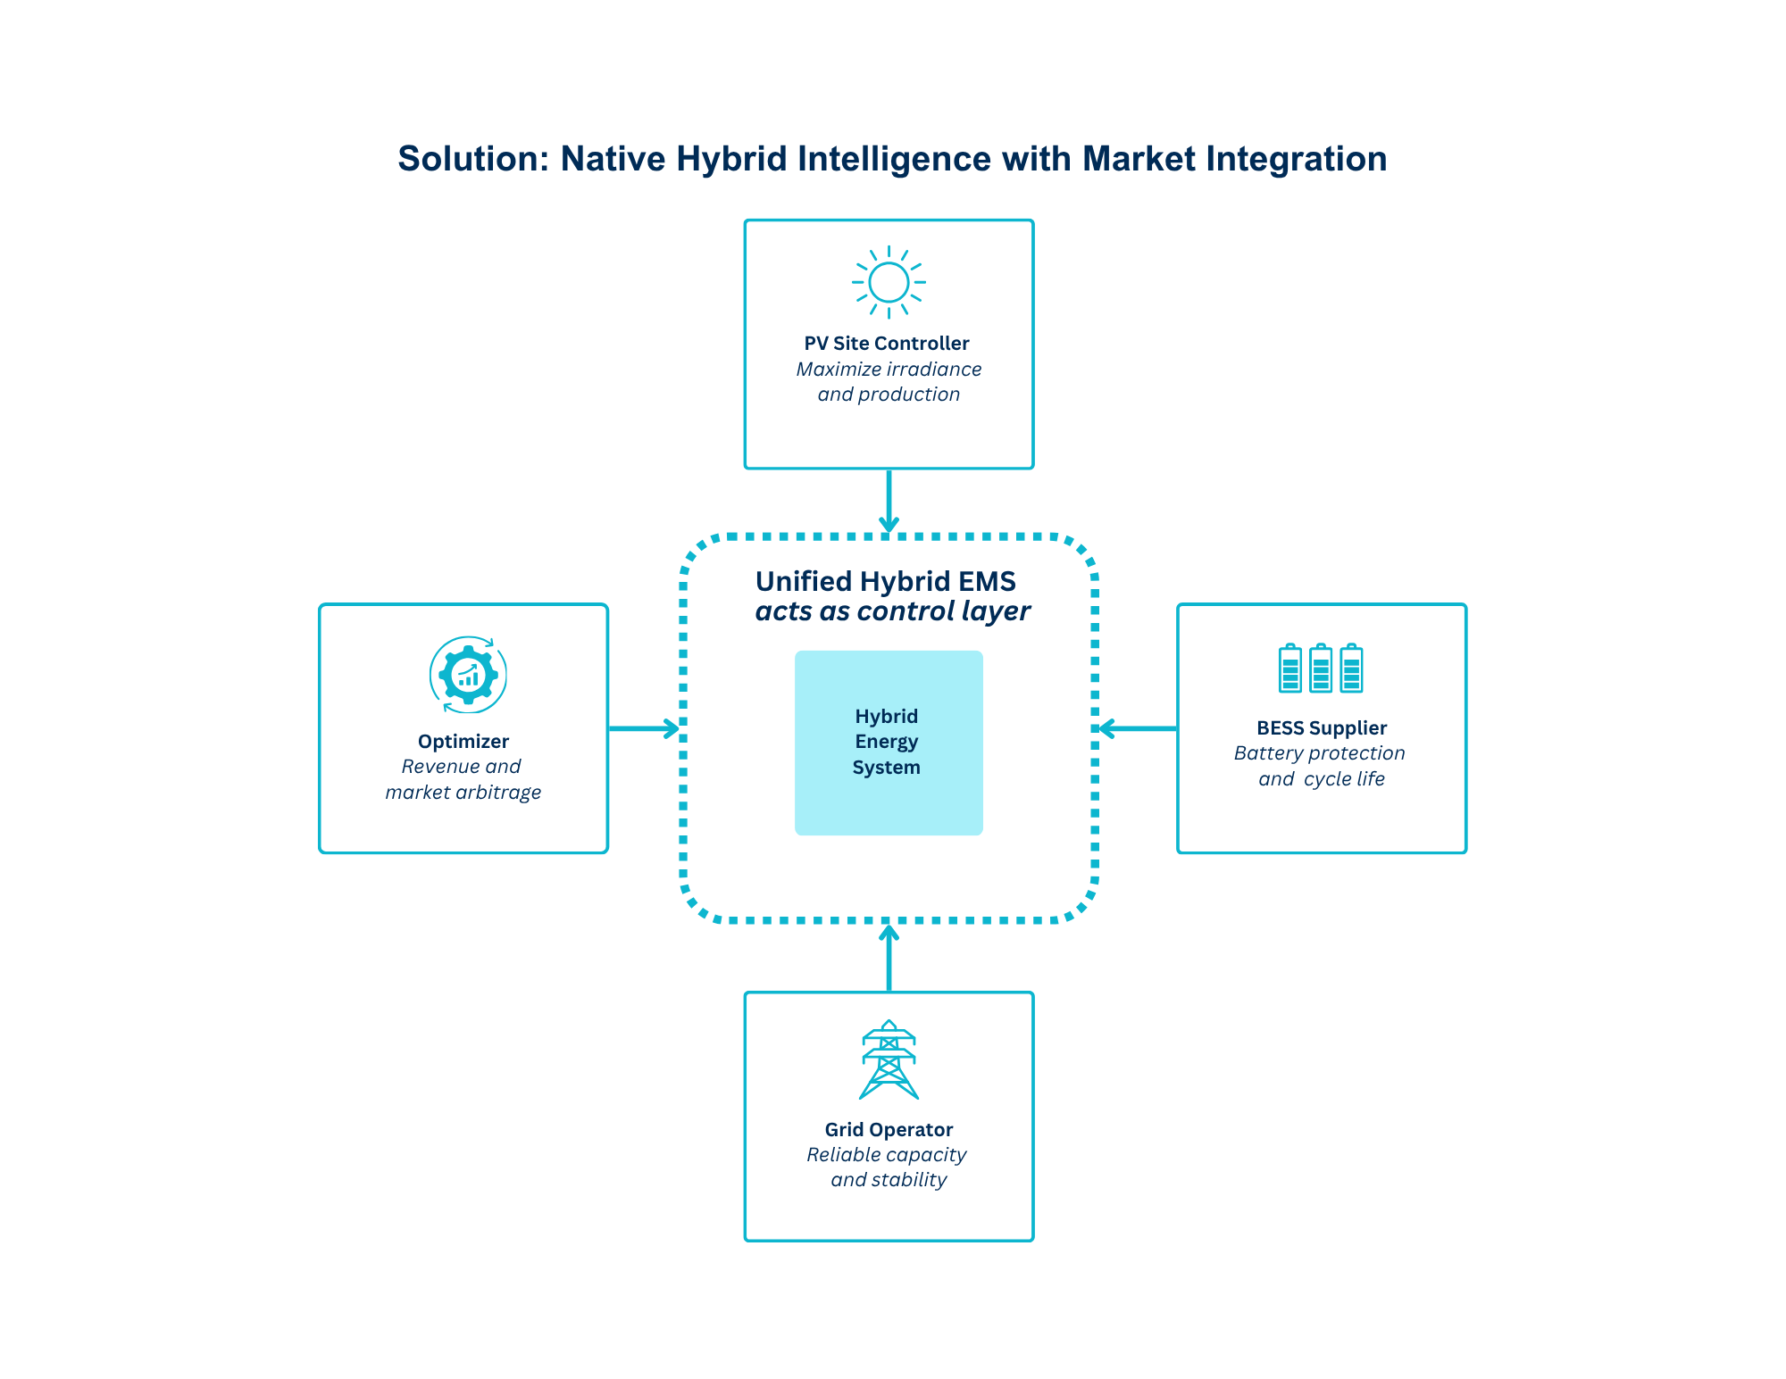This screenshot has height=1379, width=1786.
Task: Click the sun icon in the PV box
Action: [x=889, y=282]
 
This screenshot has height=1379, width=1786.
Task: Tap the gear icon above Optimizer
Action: [x=468, y=675]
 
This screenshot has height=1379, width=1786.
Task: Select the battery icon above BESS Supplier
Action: [x=1321, y=669]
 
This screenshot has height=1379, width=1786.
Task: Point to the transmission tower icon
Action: [x=889, y=1060]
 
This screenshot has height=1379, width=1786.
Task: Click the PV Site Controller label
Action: [x=887, y=344]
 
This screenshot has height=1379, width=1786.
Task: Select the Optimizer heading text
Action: [x=463, y=742]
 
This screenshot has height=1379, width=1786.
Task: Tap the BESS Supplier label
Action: [x=1322, y=728]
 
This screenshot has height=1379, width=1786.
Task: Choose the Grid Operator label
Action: [x=889, y=1130]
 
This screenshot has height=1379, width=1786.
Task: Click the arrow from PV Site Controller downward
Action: [x=889, y=500]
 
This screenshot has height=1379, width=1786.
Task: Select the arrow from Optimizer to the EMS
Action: [x=643, y=728]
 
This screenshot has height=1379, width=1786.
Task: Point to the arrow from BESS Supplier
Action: [x=1138, y=728]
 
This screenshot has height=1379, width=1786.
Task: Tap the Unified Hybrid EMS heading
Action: [x=886, y=582]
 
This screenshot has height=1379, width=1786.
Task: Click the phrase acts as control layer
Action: [x=892, y=611]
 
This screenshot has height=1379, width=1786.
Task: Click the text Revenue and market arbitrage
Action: [x=463, y=779]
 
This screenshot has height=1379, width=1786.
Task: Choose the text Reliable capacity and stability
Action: [x=888, y=1167]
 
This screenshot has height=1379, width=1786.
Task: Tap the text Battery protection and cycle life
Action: [x=1321, y=766]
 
